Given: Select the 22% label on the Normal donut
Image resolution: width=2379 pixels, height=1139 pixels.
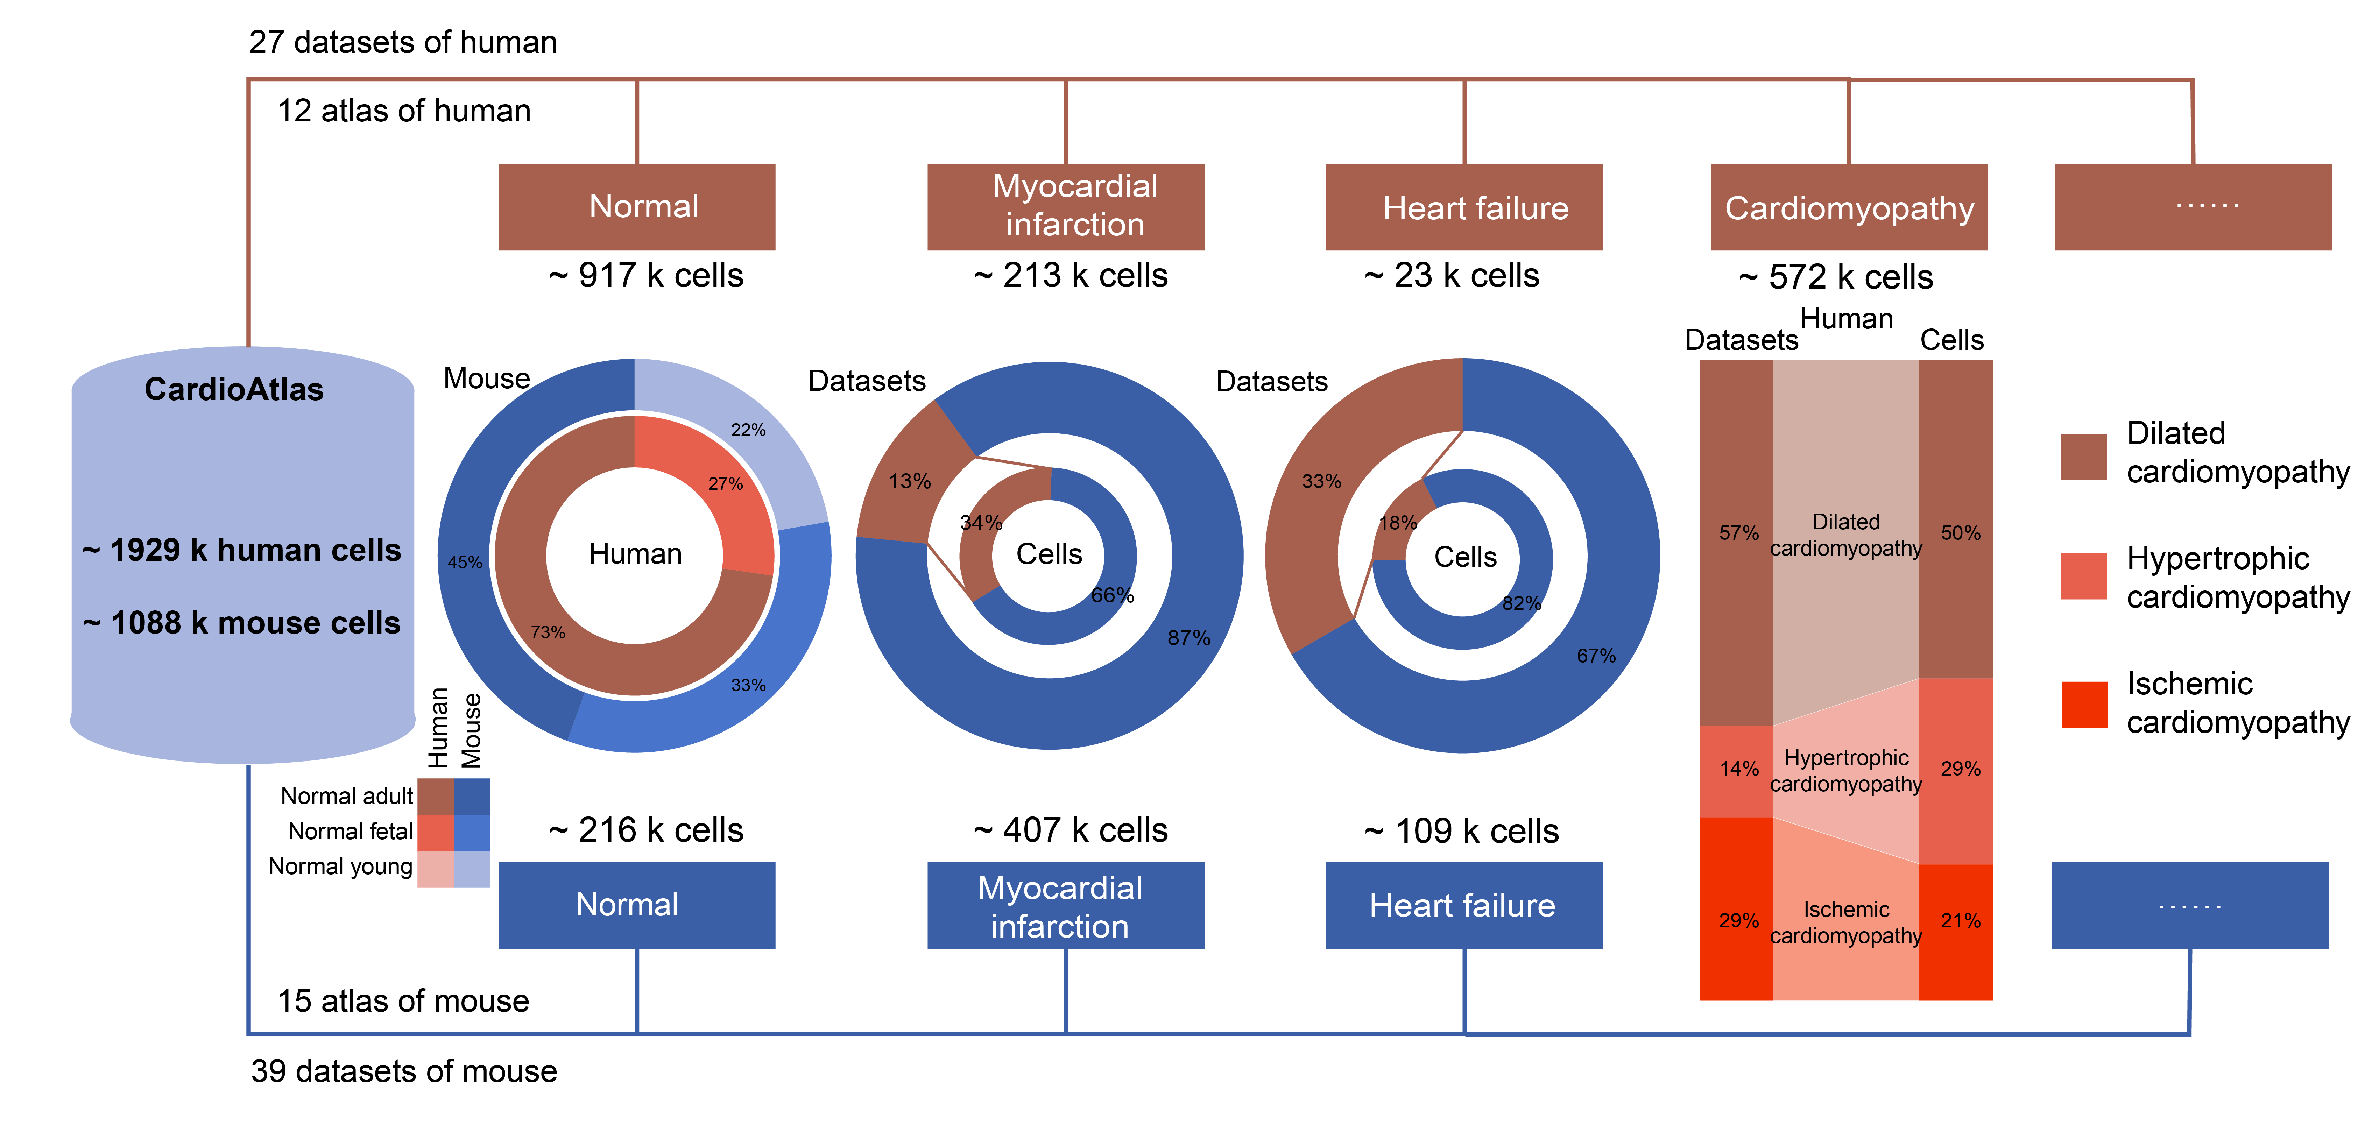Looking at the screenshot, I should pos(748,430).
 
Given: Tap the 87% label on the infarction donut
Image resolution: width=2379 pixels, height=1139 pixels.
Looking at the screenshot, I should pos(1188,637).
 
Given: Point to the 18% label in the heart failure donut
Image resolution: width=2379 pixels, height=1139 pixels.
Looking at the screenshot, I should pos(1397,523).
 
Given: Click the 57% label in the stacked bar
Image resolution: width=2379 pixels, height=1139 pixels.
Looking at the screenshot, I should pos(1738,533).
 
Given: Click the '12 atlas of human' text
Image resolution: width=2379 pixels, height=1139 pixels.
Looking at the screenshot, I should pos(404,111).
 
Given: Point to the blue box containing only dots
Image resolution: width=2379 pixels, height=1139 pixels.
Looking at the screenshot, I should pos(2190,905).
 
